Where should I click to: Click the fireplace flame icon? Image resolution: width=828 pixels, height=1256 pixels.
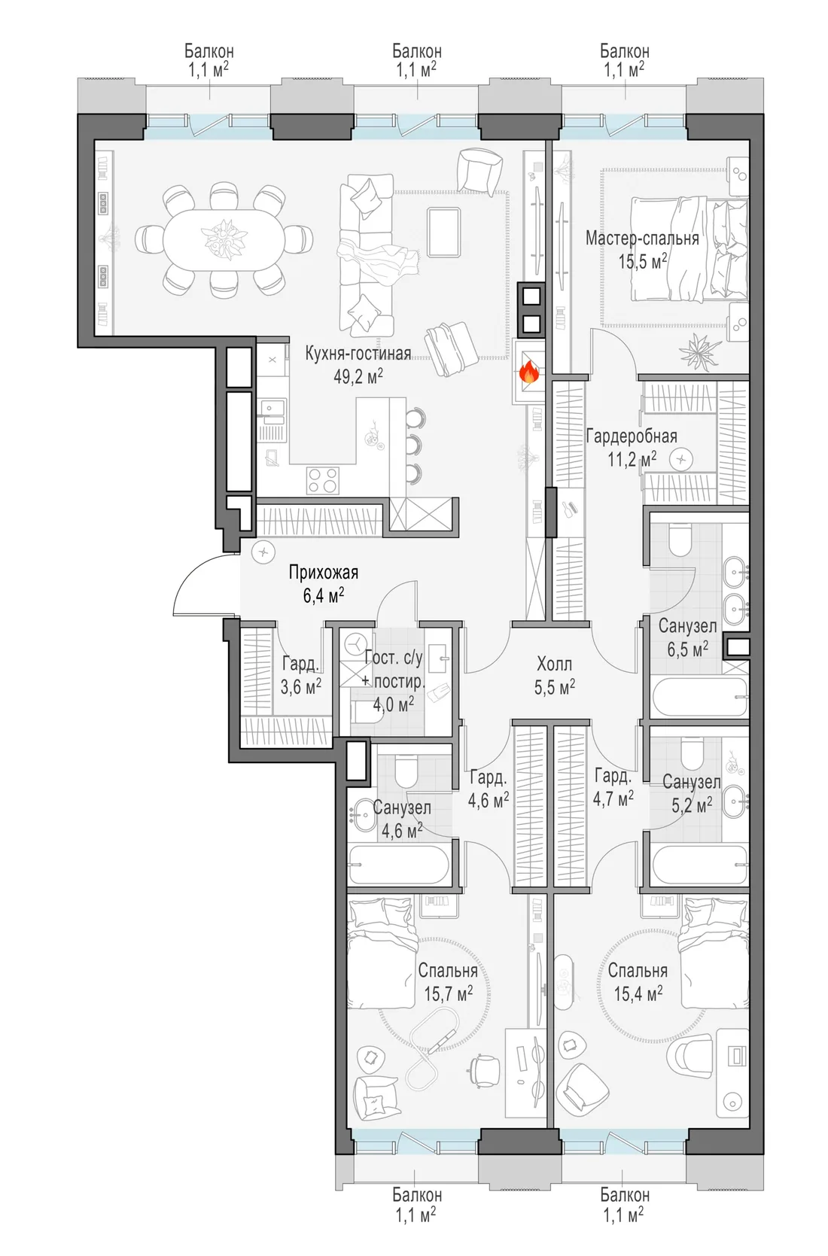[528, 371]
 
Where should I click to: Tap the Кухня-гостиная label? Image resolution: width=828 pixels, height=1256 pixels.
[358, 353]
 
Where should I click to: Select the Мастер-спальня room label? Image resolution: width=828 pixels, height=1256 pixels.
[642, 238]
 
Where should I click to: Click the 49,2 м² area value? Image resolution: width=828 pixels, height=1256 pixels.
[358, 376]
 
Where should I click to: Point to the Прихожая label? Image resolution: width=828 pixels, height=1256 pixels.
[323, 573]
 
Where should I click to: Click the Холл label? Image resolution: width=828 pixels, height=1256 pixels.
[554, 664]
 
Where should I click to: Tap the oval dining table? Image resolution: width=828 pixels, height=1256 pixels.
[224, 241]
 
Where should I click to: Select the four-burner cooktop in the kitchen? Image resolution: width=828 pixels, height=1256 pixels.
[323, 481]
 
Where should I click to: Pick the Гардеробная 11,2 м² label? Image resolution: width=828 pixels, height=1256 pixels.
[632, 448]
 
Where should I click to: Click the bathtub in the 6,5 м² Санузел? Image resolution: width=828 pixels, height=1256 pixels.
[699, 696]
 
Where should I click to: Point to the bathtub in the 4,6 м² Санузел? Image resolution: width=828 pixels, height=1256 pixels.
[399, 864]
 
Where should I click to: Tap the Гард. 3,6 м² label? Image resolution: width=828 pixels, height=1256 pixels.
[300, 675]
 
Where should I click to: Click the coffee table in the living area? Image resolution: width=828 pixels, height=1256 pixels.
[443, 232]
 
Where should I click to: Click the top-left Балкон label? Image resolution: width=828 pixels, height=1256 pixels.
[209, 51]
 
